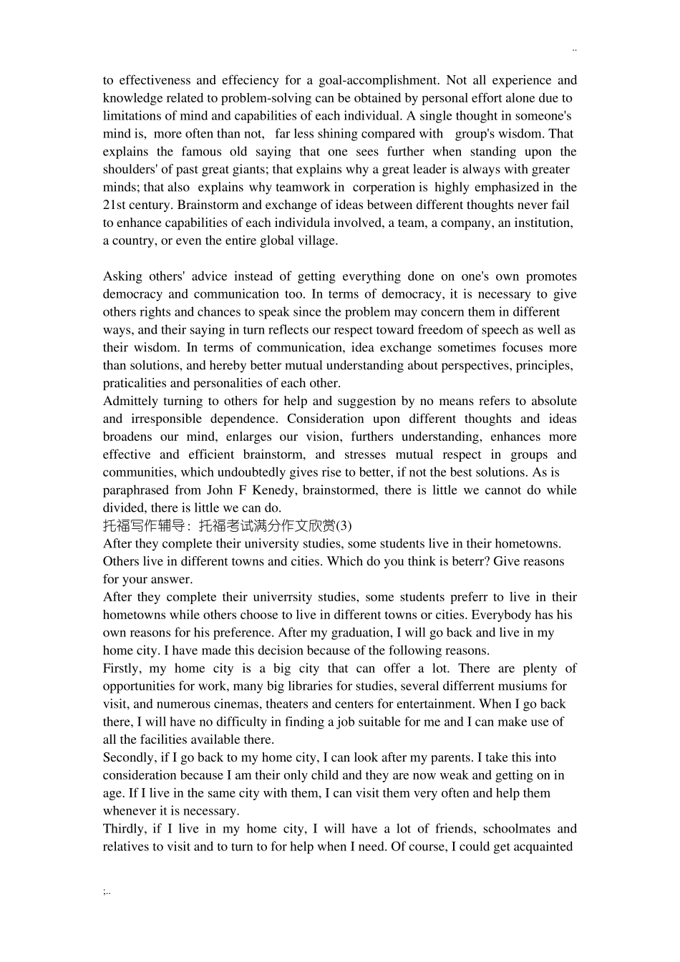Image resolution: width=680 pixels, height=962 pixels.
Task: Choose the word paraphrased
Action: pyautogui.click(x=135, y=490)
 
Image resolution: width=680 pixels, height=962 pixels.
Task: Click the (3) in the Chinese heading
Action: pyautogui.click(x=344, y=526)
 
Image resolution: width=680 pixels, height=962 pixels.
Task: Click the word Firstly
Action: pyautogui.click(x=122, y=669)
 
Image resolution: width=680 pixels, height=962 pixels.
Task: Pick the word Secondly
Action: pyautogui.click(x=130, y=758)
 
